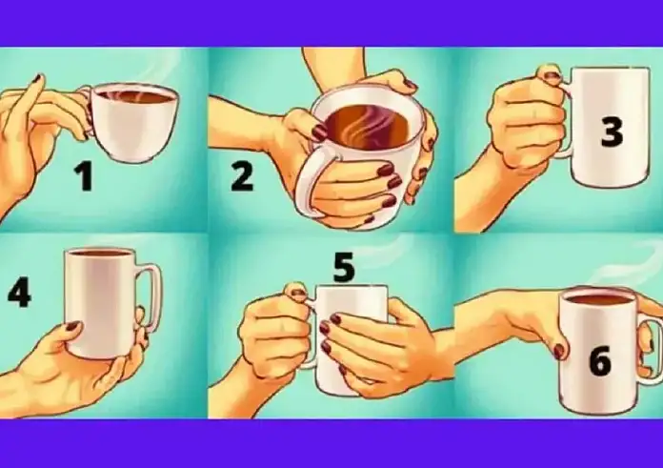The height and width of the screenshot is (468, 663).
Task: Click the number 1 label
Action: click(x=84, y=176)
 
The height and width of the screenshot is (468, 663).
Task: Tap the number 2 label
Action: click(x=242, y=177)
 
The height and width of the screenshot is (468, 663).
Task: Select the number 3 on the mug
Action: click(x=612, y=132)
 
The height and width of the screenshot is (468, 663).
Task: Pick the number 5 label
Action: click(x=344, y=268)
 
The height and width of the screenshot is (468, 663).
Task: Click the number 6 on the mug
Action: click(x=600, y=360)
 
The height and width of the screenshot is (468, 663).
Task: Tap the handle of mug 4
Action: click(x=151, y=296)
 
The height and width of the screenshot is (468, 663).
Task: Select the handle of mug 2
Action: click(x=309, y=182)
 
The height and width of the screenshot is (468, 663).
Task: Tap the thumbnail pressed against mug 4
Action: click(x=72, y=326)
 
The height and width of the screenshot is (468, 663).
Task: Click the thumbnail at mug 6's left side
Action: click(x=559, y=351)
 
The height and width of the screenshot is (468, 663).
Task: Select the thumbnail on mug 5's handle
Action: click(x=298, y=292)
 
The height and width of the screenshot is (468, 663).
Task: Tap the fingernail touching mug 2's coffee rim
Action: click(x=319, y=132)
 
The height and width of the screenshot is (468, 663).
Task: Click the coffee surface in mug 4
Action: click(x=101, y=253)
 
